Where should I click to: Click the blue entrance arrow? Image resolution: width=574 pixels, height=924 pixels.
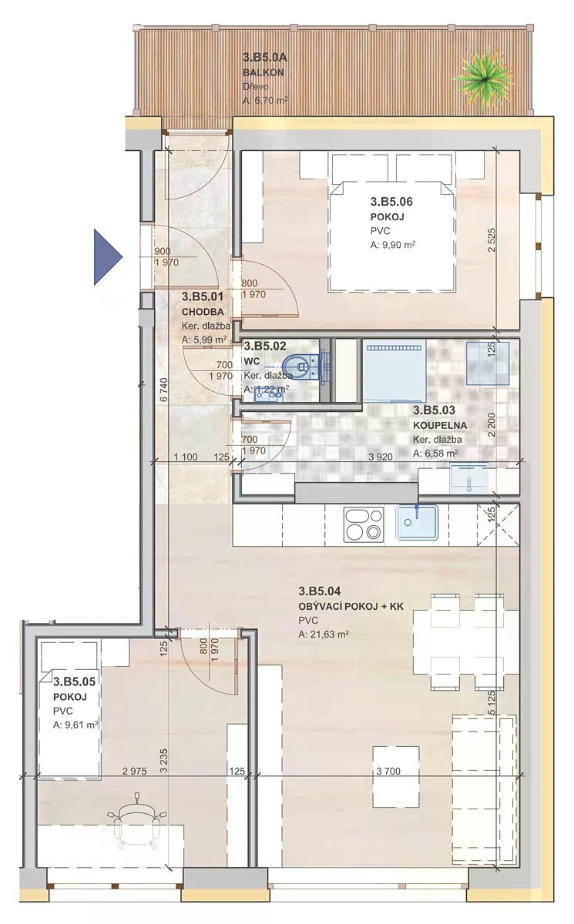(x=107, y=257)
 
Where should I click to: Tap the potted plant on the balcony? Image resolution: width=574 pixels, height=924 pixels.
(x=483, y=79)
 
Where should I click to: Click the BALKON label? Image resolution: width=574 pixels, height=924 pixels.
(x=264, y=72)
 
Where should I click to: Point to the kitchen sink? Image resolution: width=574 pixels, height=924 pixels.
(x=417, y=522)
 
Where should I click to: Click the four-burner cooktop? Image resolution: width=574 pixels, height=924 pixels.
(x=364, y=524)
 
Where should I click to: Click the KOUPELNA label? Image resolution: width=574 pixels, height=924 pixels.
(x=440, y=425)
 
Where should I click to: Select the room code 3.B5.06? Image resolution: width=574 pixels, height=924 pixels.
(x=391, y=202)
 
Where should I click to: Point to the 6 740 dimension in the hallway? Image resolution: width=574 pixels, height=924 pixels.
(x=164, y=390)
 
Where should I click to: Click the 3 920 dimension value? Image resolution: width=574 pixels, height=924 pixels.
(x=381, y=457)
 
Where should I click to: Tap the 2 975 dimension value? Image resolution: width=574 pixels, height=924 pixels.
(x=135, y=771)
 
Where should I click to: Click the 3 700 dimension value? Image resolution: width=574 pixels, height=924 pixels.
(x=388, y=771)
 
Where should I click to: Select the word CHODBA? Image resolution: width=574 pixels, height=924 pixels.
(x=203, y=312)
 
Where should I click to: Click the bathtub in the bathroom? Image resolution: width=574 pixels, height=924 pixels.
(x=394, y=370)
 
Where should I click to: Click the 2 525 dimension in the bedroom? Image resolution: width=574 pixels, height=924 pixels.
(x=491, y=239)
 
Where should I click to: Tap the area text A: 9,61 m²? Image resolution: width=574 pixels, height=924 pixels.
(x=76, y=725)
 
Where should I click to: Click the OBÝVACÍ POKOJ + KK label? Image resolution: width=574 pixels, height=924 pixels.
(x=351, y=607)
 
